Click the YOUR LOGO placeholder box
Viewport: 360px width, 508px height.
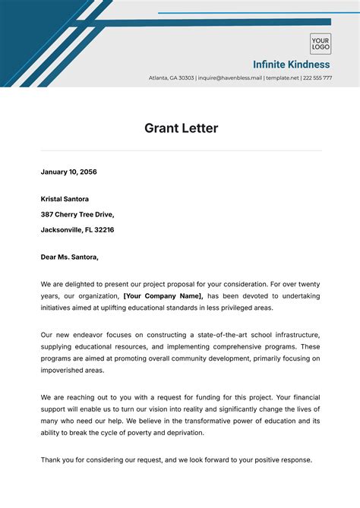pos(320,43)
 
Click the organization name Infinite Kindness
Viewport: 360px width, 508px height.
pos(292,65)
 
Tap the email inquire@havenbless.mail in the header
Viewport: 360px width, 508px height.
pos(229,78)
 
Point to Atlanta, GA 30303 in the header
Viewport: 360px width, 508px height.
pos(172,78)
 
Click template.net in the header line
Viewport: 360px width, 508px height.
pos(281,78)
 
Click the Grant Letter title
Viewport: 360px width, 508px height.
pos(181,128)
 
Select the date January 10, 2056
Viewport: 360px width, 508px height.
pos(68,172)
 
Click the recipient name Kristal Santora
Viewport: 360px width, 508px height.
pos(65,199)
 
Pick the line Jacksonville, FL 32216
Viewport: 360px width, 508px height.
pos(77,229)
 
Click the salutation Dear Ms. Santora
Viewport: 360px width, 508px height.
pos(69,257)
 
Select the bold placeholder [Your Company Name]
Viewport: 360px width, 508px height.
pos(163,295)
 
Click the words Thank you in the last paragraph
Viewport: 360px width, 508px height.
pos(58,459)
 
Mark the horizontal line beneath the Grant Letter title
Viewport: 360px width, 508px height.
pos(181,150)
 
